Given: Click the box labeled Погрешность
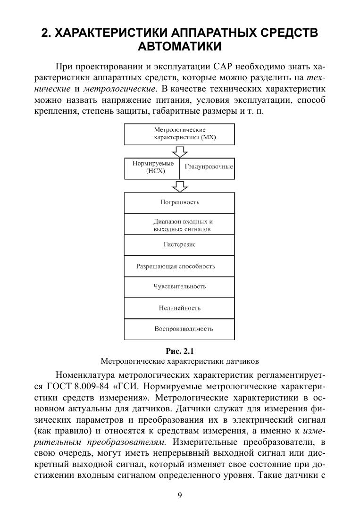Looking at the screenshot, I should pyautogui.click(x=179, y=202).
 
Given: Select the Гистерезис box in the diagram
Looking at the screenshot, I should pyautogui.click(x=179, y=245).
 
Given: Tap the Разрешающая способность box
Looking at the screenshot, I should pyautogui.click(x=179, y=266).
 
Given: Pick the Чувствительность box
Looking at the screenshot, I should pyautogui.click(x=179, y=287).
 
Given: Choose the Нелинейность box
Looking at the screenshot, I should pyautogui.click(x=179, y=308).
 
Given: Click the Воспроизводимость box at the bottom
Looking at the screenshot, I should pyautogui.click(x=179, y=329).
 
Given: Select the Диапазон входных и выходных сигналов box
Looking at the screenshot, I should pyautogui.click(x=179, y=225).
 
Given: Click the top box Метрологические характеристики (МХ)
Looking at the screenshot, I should pyautogui.click(x=179, y=134).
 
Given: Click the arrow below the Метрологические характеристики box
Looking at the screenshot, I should pyautogui.click(x=180, y=151).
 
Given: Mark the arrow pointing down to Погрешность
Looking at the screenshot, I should pyautogui.click(x=180, y=186).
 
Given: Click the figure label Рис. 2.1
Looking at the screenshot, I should pyautogui.click(x=180, y=351).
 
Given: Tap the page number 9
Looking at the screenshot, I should pyautogui.click(x=180, y=495).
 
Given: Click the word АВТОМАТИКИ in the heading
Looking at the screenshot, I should pyautogui.click(x=180, y=47).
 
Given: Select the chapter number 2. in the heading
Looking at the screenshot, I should pyautogui.click(x=46, y=33).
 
